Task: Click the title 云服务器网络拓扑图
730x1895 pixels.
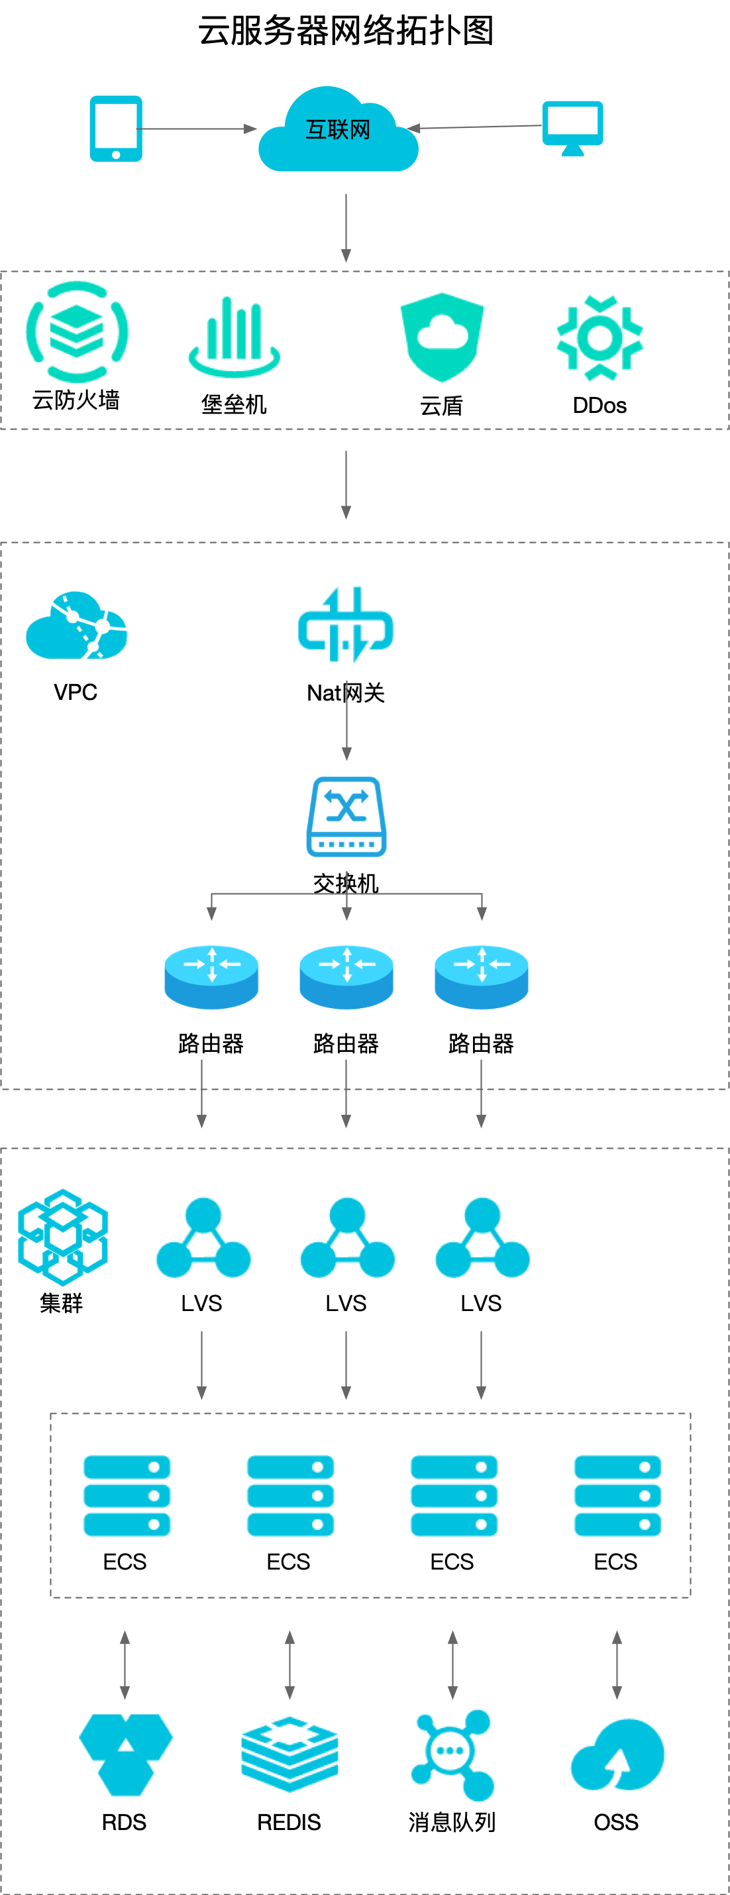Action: pos(346,31)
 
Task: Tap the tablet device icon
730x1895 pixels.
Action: pos(116,129)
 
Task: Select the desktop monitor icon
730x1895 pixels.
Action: pos(573,127)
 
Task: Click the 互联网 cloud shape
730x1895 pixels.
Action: pos(338,133)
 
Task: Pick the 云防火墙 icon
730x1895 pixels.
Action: pos(78,332)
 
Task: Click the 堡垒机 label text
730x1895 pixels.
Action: pos(234,404)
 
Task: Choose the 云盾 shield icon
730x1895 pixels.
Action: pos(442,337)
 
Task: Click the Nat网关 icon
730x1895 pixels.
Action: pos(346,625)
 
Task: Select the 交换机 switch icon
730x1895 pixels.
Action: pos(346,817)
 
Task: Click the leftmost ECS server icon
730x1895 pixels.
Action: pos(127,1495)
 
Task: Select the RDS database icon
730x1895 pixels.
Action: pos(125,1754)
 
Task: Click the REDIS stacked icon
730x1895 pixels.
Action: pos(289,1754)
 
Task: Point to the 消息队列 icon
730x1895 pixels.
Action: pos(452,1754)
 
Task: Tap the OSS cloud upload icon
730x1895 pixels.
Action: pos(617,1755)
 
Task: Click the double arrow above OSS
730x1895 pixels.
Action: pos(617,1664)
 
